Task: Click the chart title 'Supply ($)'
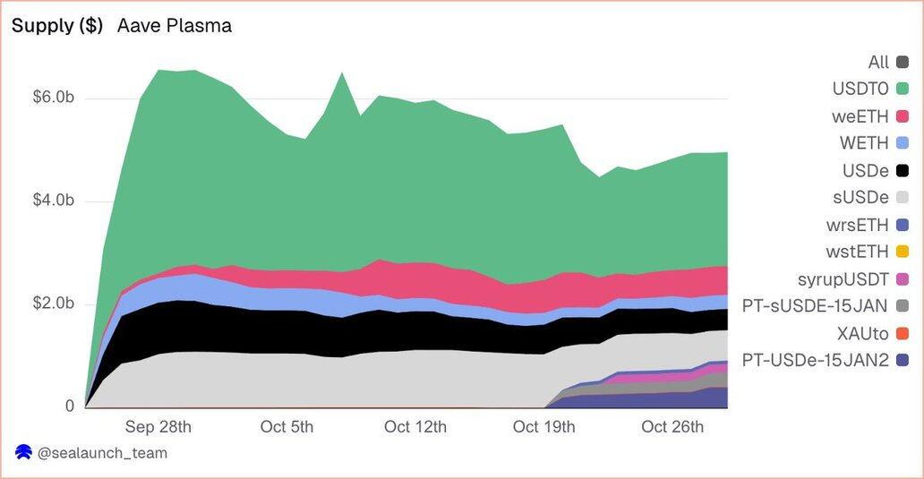click(x=57, y=26)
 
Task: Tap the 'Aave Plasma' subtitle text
click(x=175, y=26)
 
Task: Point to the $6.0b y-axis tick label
click(x=54, y=98)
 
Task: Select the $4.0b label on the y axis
click(x=54, y=201)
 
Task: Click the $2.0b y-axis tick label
click(x=54, y=304)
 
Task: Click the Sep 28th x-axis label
click(x=158, y=427)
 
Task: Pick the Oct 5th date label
click(x=287, y=427)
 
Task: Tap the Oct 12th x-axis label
click(x=415, y=427)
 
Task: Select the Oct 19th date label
click(x=543, y=427)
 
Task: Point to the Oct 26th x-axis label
click(x=672, y=427)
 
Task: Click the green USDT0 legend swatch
click(x=902, y=89)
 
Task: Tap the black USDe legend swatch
click(x=902, y=170)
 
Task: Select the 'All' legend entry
click(x=878, y=62)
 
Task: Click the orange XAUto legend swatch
click(x=902, y=333)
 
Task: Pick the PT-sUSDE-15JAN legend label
click(x=813, y=306)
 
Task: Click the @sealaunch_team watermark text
click(x=102, y=453)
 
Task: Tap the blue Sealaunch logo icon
click(x=23, y=453)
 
